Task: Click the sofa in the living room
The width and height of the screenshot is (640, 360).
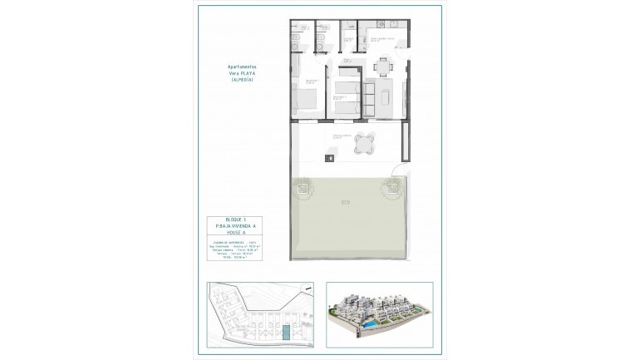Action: tap(387, 101)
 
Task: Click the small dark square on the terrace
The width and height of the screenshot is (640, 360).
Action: tap(330, 157)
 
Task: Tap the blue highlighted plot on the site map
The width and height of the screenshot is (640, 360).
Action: tap(285, 333)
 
